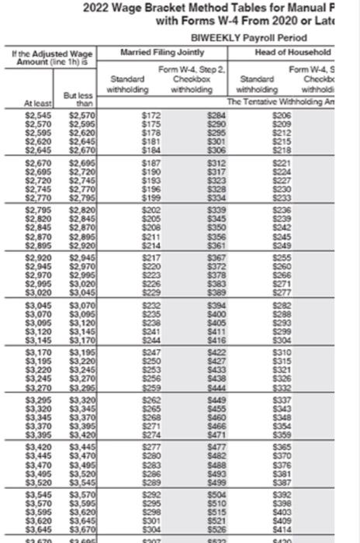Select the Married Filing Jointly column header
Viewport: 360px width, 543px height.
[162, 52]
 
